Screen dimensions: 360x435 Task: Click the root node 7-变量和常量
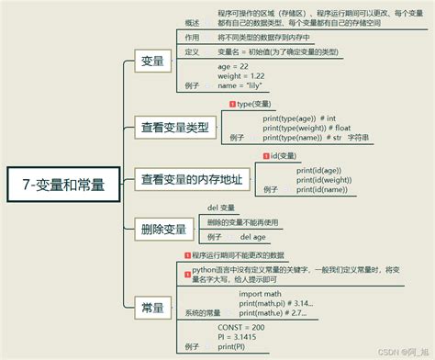click(x=64, y=183)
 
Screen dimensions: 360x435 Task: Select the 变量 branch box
click(x=152, y=62)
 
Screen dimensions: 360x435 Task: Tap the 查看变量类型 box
click(x=173, y=127)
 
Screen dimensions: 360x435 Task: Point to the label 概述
click(x=192, y=21)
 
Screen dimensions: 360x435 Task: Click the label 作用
click(x=192, y=38)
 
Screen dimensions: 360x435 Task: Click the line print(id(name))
click(x=321, y=190)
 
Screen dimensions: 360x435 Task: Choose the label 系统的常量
click(x=202, y=313)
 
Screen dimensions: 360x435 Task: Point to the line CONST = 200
click(x=240, y=327)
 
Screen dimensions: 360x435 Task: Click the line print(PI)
click(x=231, y=347)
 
